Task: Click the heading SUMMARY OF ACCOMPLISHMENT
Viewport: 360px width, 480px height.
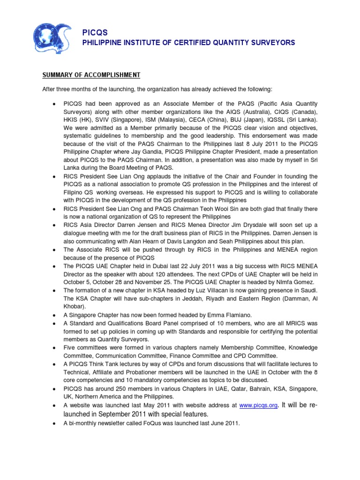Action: [x=91, y=75]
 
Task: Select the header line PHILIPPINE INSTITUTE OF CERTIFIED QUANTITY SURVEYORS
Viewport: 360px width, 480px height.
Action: [x=189, y=43]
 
